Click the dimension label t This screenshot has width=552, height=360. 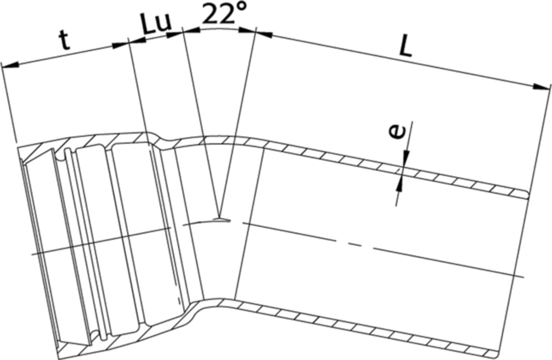65,40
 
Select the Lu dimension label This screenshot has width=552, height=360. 156,25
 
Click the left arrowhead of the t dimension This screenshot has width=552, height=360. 10,66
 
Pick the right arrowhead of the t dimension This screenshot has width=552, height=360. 120,45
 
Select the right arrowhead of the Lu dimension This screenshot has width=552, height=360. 175,34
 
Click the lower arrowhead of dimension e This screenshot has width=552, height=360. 400,185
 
